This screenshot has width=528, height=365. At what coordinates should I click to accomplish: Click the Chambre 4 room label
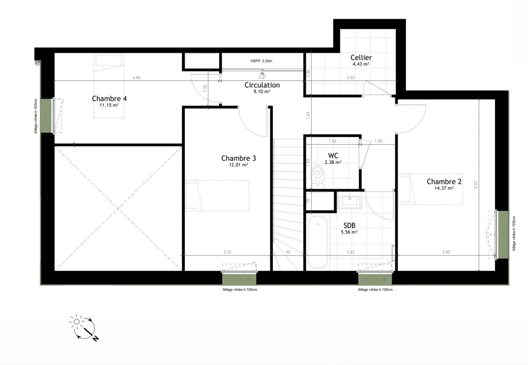pyautogui.click(x=109, y=99)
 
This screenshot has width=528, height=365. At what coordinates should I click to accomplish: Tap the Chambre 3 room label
pyautogui.click(x=238, y=158)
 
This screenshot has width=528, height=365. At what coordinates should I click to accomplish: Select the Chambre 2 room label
pyautogui.click(x=444, y=181)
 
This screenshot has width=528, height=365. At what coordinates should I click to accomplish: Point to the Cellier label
pyautogui.click(x=361, y=58)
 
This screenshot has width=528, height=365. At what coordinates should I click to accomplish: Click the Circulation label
pyautogui.click(x=262, y=85)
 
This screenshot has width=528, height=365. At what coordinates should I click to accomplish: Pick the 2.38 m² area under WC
pyautogui.click(x=333, y=162)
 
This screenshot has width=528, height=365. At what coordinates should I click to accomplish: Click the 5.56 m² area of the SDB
pyautogui.click(x=349, y=232)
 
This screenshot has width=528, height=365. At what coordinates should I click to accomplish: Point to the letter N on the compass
pyautogui.click(x=96, y=338)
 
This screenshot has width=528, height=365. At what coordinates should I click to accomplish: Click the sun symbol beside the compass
pyautogui.click(x=77, y=321)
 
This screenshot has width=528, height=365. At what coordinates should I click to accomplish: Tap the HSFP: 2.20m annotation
pyautogui.click(x=261, y=61)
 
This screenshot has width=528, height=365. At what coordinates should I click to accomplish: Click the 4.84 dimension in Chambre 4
pyautogui.click(x=136, y=77)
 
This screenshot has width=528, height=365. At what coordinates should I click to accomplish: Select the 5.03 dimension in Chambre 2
pyautogui.click(x=476, y=185)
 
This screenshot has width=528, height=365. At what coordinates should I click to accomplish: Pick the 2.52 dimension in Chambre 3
pyautogui.click(x=227, y=252)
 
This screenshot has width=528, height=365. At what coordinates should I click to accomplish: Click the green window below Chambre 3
pyautogui.click(x=239, y=279)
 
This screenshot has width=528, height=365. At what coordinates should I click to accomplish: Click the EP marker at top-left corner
pyautogui.click(x=37, y=63)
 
